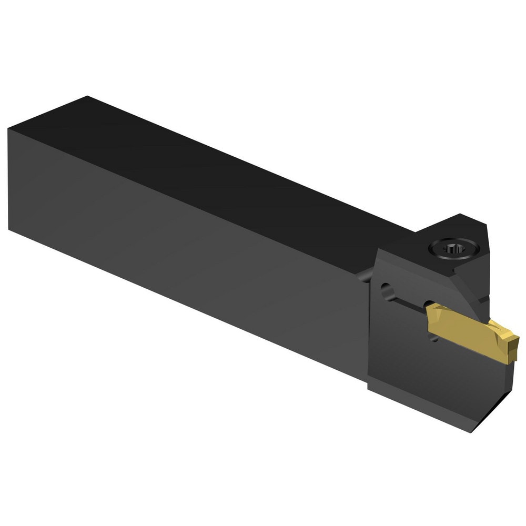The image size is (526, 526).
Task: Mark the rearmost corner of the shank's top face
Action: click(87, 97)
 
